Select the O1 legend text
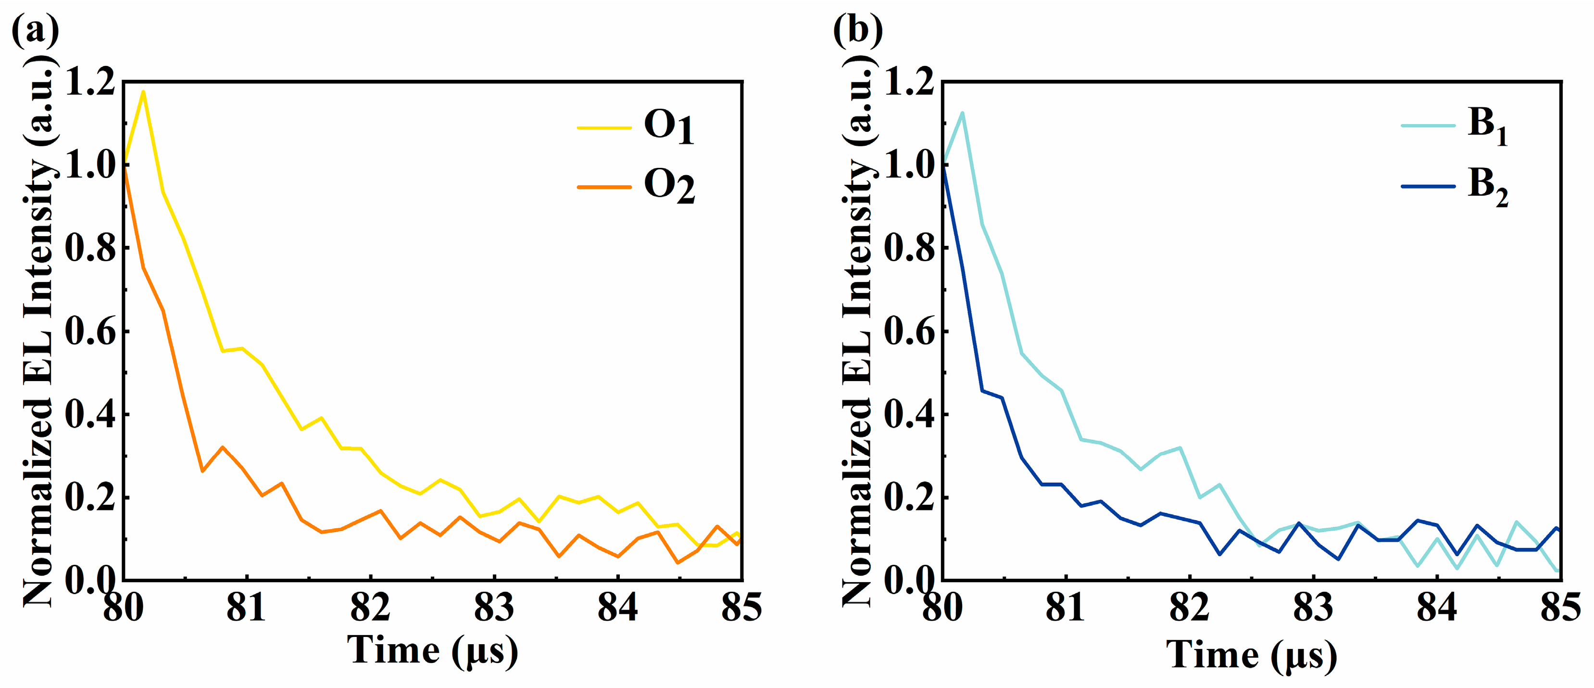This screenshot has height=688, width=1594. (x=669, y=127)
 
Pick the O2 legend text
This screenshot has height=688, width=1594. (x=669, y=186)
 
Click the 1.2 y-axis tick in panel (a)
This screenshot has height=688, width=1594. (x=90, y=82)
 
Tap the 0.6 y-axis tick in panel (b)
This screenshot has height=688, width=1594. (x=909, y=331)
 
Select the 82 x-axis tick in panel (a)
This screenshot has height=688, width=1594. (x=370, y=608)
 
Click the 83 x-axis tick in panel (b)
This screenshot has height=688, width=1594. (x=1313, y=608)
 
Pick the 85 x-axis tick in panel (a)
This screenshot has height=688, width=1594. (x=741, y=608)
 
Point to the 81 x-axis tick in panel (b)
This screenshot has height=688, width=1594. (x=1065, y=608)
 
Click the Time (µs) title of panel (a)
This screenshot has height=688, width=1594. (x=432, y=651)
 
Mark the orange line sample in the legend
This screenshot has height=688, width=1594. (x=604, y=186)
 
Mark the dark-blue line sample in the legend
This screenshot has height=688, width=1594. (x=1428, y=186)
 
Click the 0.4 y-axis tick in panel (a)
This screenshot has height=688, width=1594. (x=90, y=414)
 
